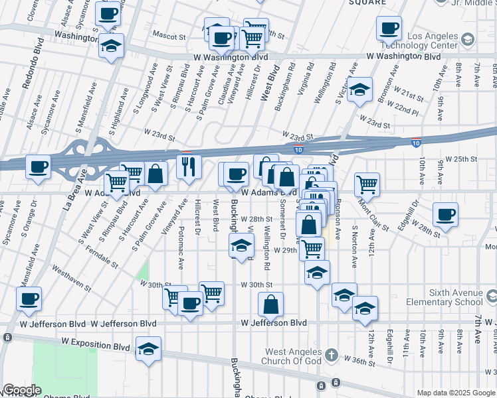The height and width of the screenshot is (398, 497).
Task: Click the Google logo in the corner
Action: pyautogui.click(x=21, y=390)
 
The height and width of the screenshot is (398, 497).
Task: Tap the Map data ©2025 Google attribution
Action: pyautogui.click(x=456, y=393)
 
